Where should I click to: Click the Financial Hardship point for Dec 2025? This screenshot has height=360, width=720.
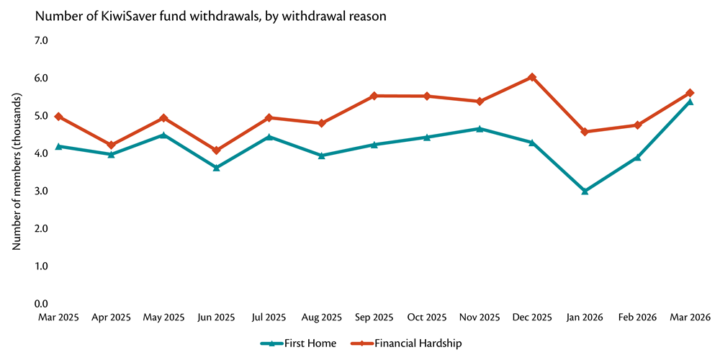532,77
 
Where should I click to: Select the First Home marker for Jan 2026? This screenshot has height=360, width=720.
585,192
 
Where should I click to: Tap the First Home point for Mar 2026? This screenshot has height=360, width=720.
690,102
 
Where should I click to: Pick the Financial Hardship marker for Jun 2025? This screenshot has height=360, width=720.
216,150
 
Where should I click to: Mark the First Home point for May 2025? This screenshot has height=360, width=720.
163,135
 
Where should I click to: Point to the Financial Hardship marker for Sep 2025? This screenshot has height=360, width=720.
374,96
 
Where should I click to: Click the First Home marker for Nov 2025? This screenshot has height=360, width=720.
480,129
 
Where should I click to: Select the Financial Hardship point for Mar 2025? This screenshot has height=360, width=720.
58,117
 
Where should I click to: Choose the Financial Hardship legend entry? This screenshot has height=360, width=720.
404,343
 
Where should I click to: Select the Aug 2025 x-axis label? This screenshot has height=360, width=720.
321,317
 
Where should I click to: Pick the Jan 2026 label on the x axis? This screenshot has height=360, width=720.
585,317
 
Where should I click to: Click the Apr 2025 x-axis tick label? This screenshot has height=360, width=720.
111,317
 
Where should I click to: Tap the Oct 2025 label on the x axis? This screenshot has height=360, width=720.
427,317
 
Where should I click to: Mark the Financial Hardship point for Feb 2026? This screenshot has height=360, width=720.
637,125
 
